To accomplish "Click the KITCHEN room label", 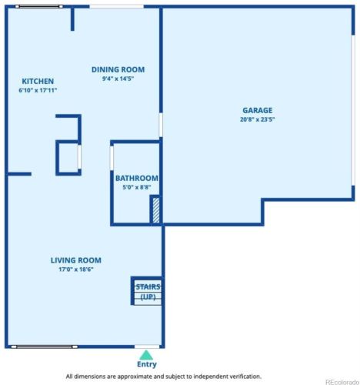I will [38, 81].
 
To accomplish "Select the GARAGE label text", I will [258, 110].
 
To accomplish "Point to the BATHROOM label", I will [137, 178].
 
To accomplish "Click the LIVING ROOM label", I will [76, 260].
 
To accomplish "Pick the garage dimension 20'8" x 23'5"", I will [258, 119].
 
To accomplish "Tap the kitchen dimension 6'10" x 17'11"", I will [38, 90].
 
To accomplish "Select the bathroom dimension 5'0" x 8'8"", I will [137, 187].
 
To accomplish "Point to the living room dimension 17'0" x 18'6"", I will [76, 269].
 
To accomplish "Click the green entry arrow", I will [146, 354].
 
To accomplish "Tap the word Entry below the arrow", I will [146, 364].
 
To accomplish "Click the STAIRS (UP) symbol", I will [148, 291].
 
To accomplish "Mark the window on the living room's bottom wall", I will [42, 345].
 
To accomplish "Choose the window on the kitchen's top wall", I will [39, 7].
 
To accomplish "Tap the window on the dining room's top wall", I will [116, 7].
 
